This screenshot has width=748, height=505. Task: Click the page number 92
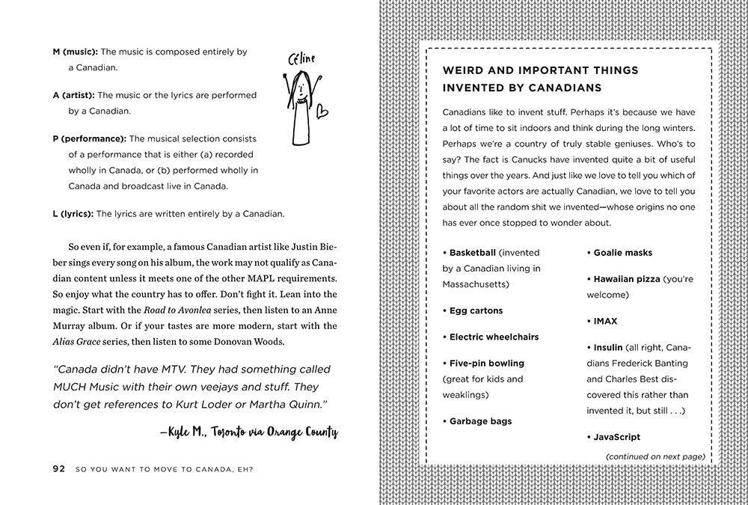coord(59,469)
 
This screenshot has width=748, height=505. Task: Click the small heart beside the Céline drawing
coord(321,111)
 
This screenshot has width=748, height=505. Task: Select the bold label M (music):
coord(75,52)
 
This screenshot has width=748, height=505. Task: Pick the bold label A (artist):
coord(73,95)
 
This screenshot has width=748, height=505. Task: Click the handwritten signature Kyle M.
coord(184,432)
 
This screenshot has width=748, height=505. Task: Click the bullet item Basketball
coord(472,253)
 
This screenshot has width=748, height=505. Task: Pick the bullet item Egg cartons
coord(476,310)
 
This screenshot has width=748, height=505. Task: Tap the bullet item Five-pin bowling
coord(486,363)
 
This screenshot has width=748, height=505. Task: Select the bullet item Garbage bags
coord(480,421)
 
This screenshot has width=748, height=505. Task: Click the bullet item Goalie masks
coord(622,253)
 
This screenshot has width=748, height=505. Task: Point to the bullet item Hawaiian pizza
coord(626,279)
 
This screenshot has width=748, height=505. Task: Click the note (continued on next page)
coord(654,456)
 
